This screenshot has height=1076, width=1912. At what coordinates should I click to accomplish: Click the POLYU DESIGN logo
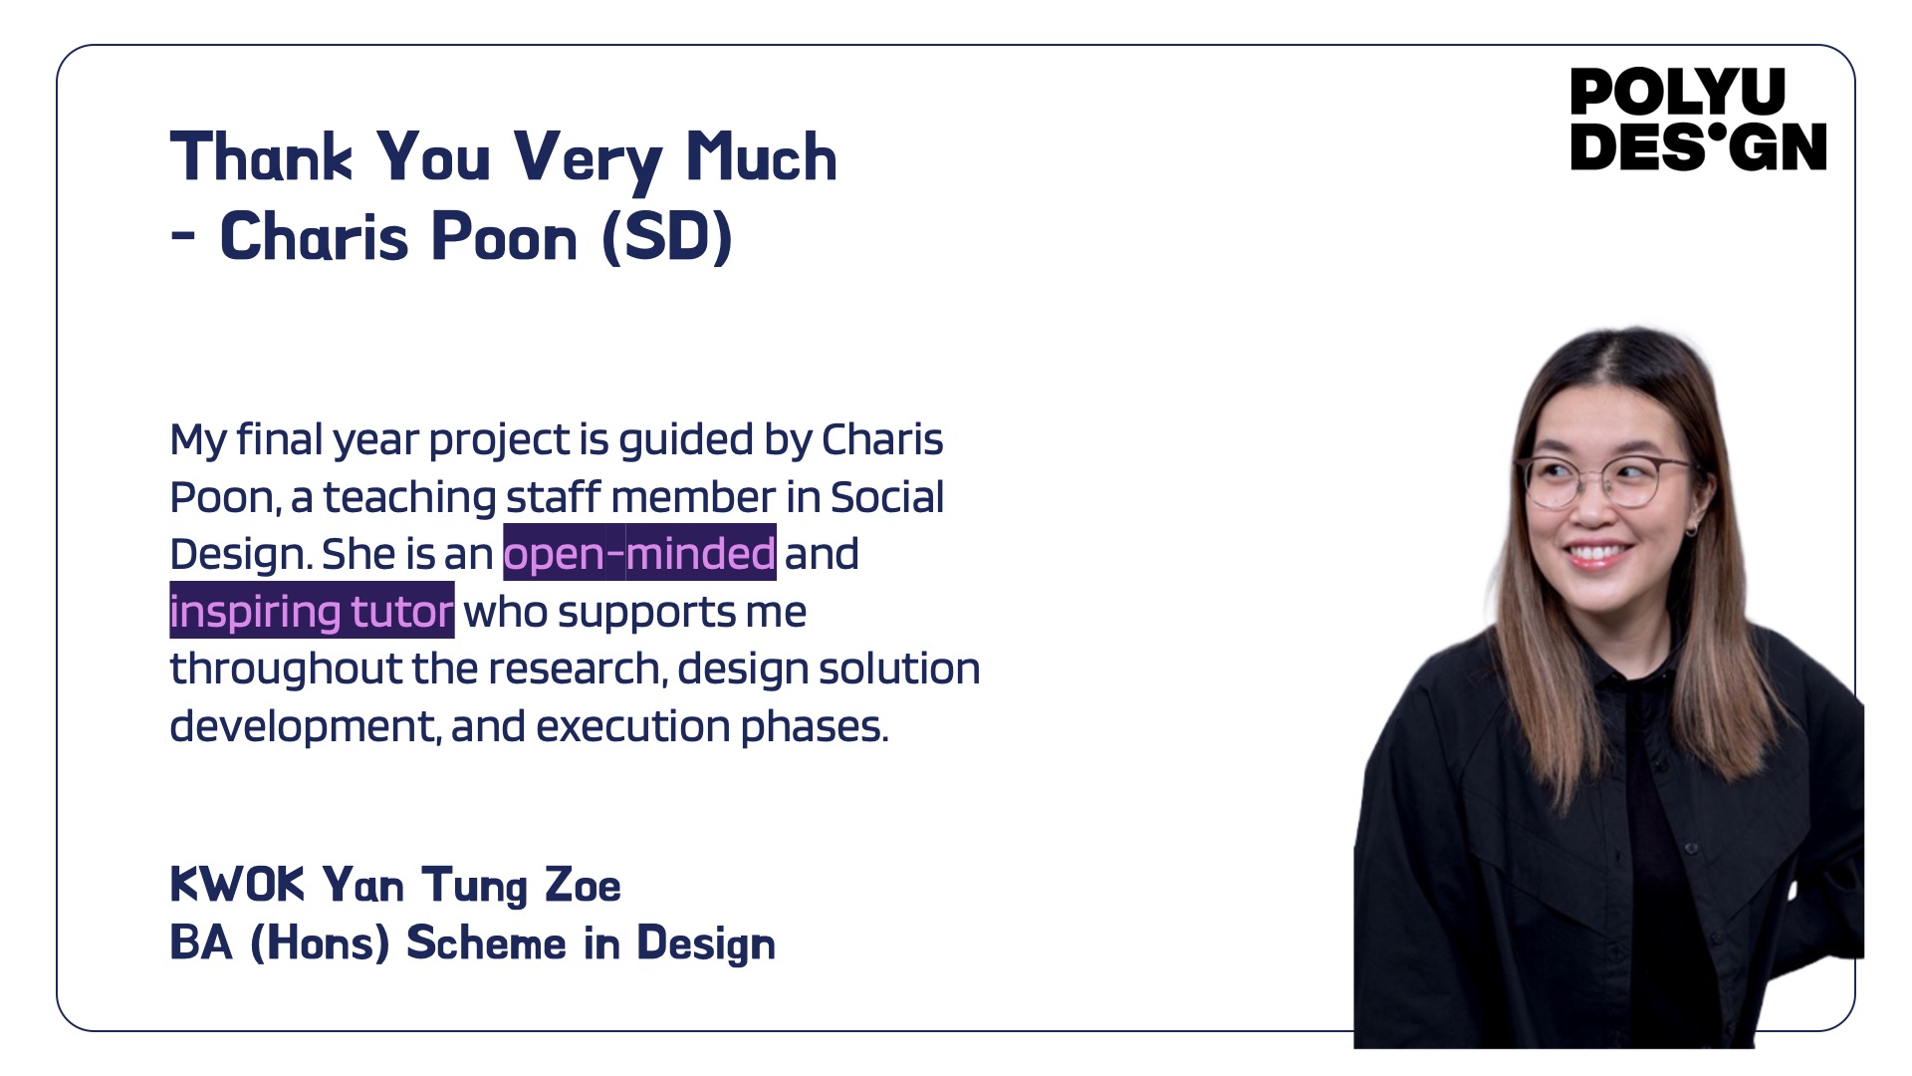pyautogui.click(x=1698, y=120)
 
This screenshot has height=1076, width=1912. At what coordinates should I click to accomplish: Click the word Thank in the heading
pyautogui.click(x=261, y=156)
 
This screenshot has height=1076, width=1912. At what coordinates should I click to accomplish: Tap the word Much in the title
pyautogui.click(x=762, y=156)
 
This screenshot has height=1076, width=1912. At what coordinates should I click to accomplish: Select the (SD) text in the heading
pyautogui.click(x=667, y=236)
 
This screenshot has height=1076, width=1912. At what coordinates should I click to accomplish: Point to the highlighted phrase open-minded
pyautogui.click(x=639, y=553)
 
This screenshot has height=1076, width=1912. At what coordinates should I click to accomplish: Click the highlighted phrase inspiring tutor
pyautogui.click(x=312, y=611)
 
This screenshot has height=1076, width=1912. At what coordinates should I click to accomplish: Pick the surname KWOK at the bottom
pyautogui.click(x=237, y=884)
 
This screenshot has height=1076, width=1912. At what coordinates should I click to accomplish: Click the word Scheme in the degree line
pyautogui.click(x=486, y=942)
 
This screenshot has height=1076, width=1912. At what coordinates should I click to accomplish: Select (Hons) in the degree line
pyautogui.click(x=320, y=942)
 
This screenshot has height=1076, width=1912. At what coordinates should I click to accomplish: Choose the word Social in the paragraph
pyautogui.click(x=886, y=497)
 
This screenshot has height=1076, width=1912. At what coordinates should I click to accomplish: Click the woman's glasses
pyautogui.click(x=1606, y=481)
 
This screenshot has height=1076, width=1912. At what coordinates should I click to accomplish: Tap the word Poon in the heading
pyautogui.click(x=504, y=237)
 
